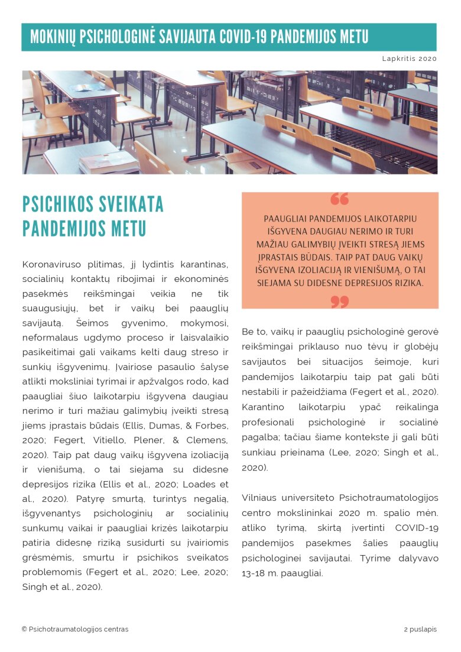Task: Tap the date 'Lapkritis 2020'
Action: (409, 59)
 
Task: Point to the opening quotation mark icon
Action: (339, 199)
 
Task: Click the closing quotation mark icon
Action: (339, 301)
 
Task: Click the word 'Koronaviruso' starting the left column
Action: (48, 264)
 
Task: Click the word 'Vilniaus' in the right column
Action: (259, 498)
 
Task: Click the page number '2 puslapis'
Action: (420, 629)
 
